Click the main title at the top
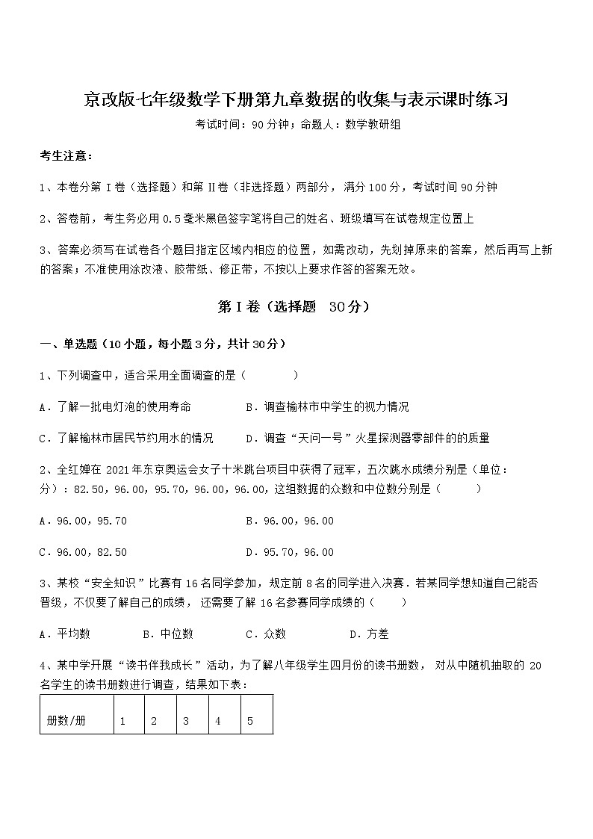pyautogui.click(x=296, y=100)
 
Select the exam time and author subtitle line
pyautogui.click(x=296, y=126)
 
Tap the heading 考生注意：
pyautogui.click(x=66, y=155)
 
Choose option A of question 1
pyautogui.click(x=115, y=407)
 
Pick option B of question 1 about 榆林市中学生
pyautogui.click(x=327, y=407)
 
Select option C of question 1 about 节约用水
pyautogui.click(x=126, y=438)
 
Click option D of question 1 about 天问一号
pyautogui.click(x=367, y=438)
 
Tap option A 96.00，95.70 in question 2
pyautogui.click(x=83, y=521)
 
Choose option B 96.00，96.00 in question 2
pyautogui.click(x=290, y=521)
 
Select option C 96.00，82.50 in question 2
pyautogui.click(x=83, y=552)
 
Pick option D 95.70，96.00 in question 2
pyautogui.click(x=290, y=552)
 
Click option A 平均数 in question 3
pyautogui.click(x=65, y=634)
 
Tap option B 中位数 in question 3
pyautogui.click(x=168, y=634)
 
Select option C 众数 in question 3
pyautogui.click(x=266, y=634)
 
